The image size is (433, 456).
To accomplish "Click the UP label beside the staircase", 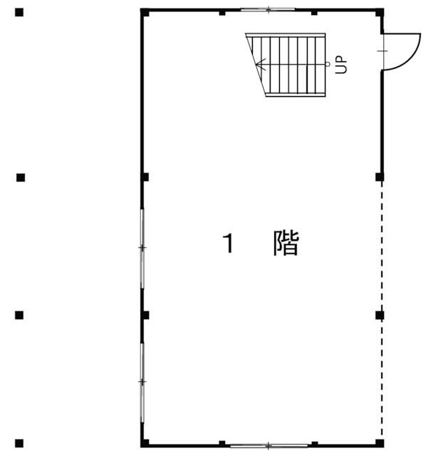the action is [x=341, y=65].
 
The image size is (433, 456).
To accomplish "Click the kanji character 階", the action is [x=286, y=243].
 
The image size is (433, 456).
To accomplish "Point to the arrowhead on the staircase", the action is [x=261, y=65].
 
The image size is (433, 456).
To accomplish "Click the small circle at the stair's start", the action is [x=328, y=64].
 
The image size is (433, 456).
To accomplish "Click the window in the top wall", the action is [x=268, y=9].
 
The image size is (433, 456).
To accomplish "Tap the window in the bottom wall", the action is [x=269, y=445].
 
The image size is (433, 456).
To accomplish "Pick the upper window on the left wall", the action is [x=142, y=248].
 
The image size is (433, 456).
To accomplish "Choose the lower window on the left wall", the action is [x=142, y=382].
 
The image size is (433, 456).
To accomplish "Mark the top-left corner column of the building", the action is [x=145, y=13].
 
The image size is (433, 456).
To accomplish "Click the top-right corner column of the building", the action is [x=380, y=13].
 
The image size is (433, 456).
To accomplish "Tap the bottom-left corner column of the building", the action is [x=145, y=443].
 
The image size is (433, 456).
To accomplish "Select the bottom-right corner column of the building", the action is [x=380, y=443].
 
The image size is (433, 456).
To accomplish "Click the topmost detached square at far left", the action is [x=19, y=13].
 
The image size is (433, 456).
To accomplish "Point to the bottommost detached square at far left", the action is [x=19, y=443].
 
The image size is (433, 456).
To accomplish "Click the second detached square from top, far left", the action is [x=21, y=177].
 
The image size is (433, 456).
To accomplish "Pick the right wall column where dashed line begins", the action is [x=380, y=177].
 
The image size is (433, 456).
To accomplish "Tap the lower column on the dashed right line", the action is [x=380, y=315].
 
